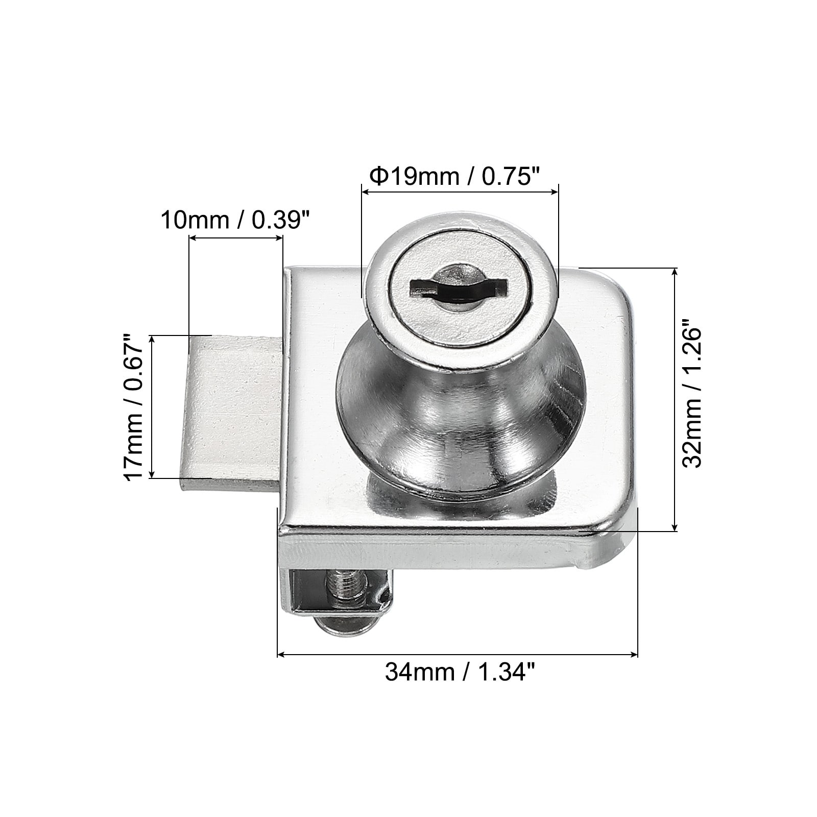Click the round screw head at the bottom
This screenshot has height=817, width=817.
pos(347,624)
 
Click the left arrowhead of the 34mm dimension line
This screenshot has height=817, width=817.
pos(280,655)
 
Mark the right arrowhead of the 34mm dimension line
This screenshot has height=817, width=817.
pos(635,655)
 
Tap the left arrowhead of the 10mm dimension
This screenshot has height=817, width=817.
pos(192,237)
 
